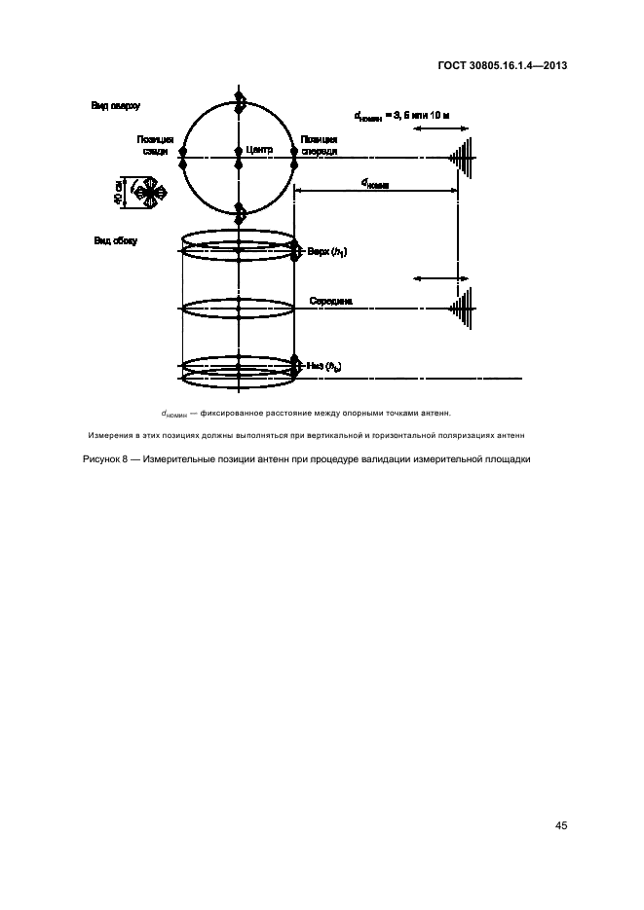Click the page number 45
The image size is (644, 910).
click(x=561, y=826)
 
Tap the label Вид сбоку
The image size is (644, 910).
click(x=115, y=240)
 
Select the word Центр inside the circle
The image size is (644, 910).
click(x=259, y=150)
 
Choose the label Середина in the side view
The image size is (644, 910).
click(x=330, y=302)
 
